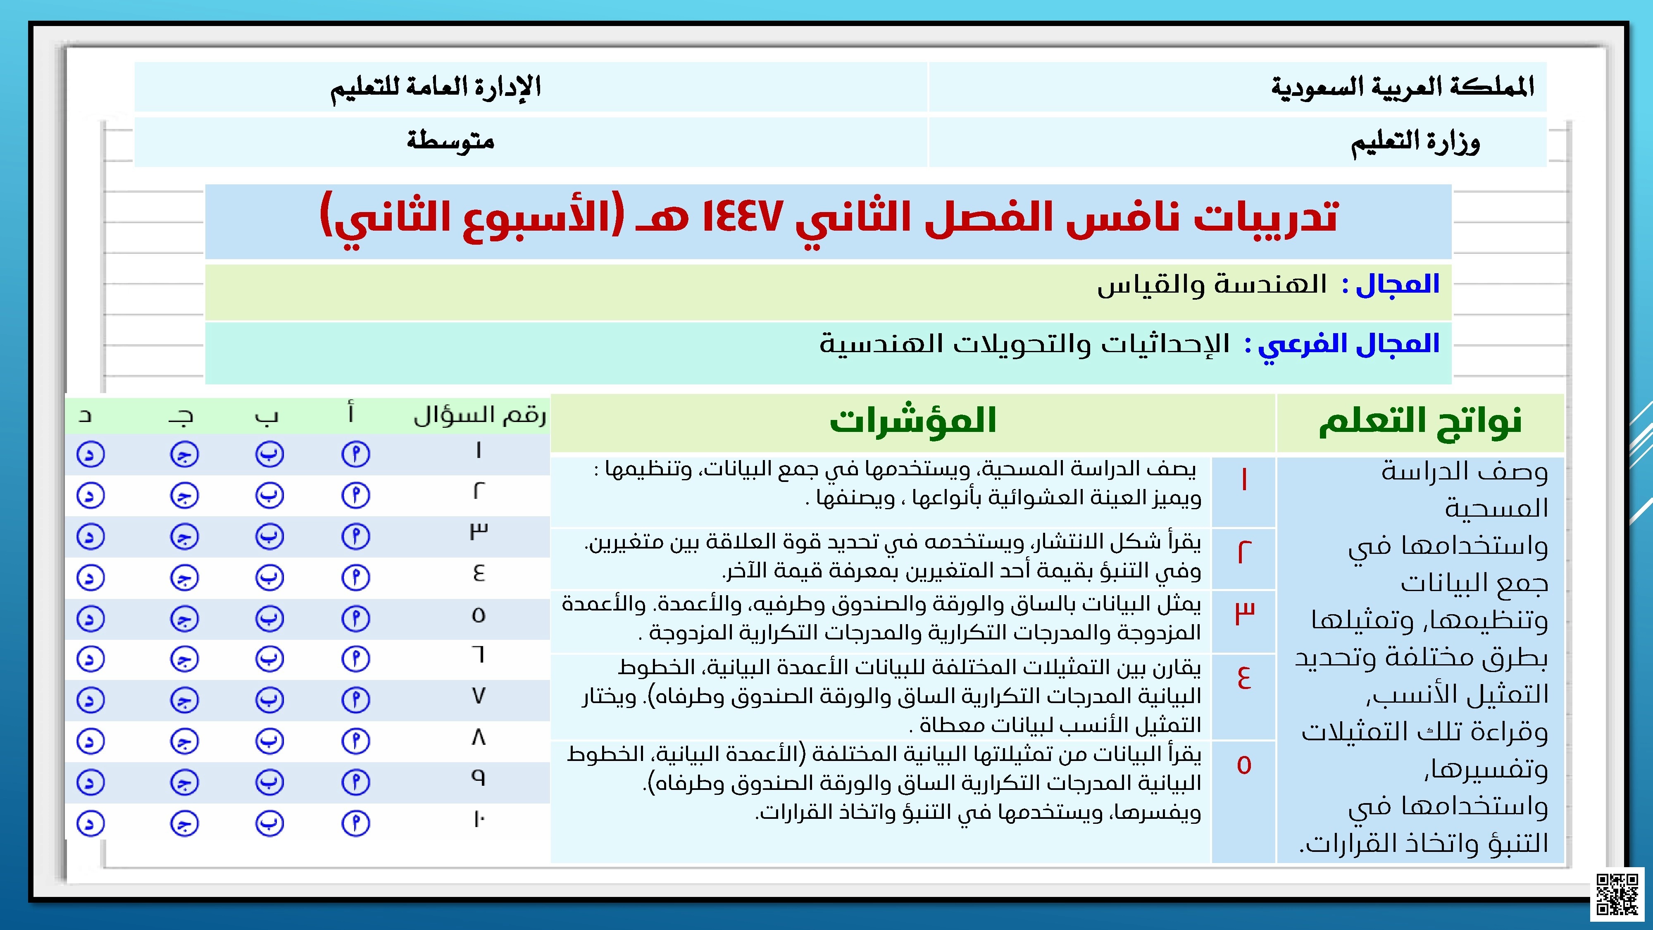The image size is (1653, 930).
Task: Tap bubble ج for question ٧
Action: click(x=184, y=700)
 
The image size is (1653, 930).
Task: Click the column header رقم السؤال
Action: click(x=479, y=416)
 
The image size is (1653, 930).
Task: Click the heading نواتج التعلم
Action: click(x=1420, y=422)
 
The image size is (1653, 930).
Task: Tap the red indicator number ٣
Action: click(x=1244, y=613)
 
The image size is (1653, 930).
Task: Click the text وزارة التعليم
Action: click(x=1415, y=143)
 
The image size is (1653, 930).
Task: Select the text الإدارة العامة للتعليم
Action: click(x=436, y=87)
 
